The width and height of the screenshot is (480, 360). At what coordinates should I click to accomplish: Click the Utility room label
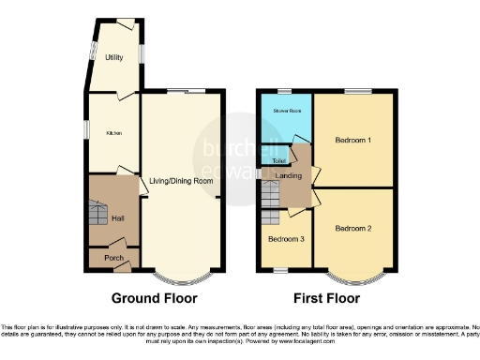point(114,57)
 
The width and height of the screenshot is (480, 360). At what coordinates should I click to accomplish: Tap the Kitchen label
point(112,132)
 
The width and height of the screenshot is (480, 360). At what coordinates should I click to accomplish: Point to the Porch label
point(112,258)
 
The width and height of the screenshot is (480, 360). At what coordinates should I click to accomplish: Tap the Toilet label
point(278,160)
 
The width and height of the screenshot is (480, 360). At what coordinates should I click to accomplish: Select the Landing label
point(288,174)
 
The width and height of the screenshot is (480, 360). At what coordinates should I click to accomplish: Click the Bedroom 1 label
point(353,141)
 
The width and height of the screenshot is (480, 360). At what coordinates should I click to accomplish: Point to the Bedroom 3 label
point(284,239)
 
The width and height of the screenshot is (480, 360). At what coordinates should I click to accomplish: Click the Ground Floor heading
point(155,299)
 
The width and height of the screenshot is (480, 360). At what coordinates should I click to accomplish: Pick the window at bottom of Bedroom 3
point(277,271)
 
